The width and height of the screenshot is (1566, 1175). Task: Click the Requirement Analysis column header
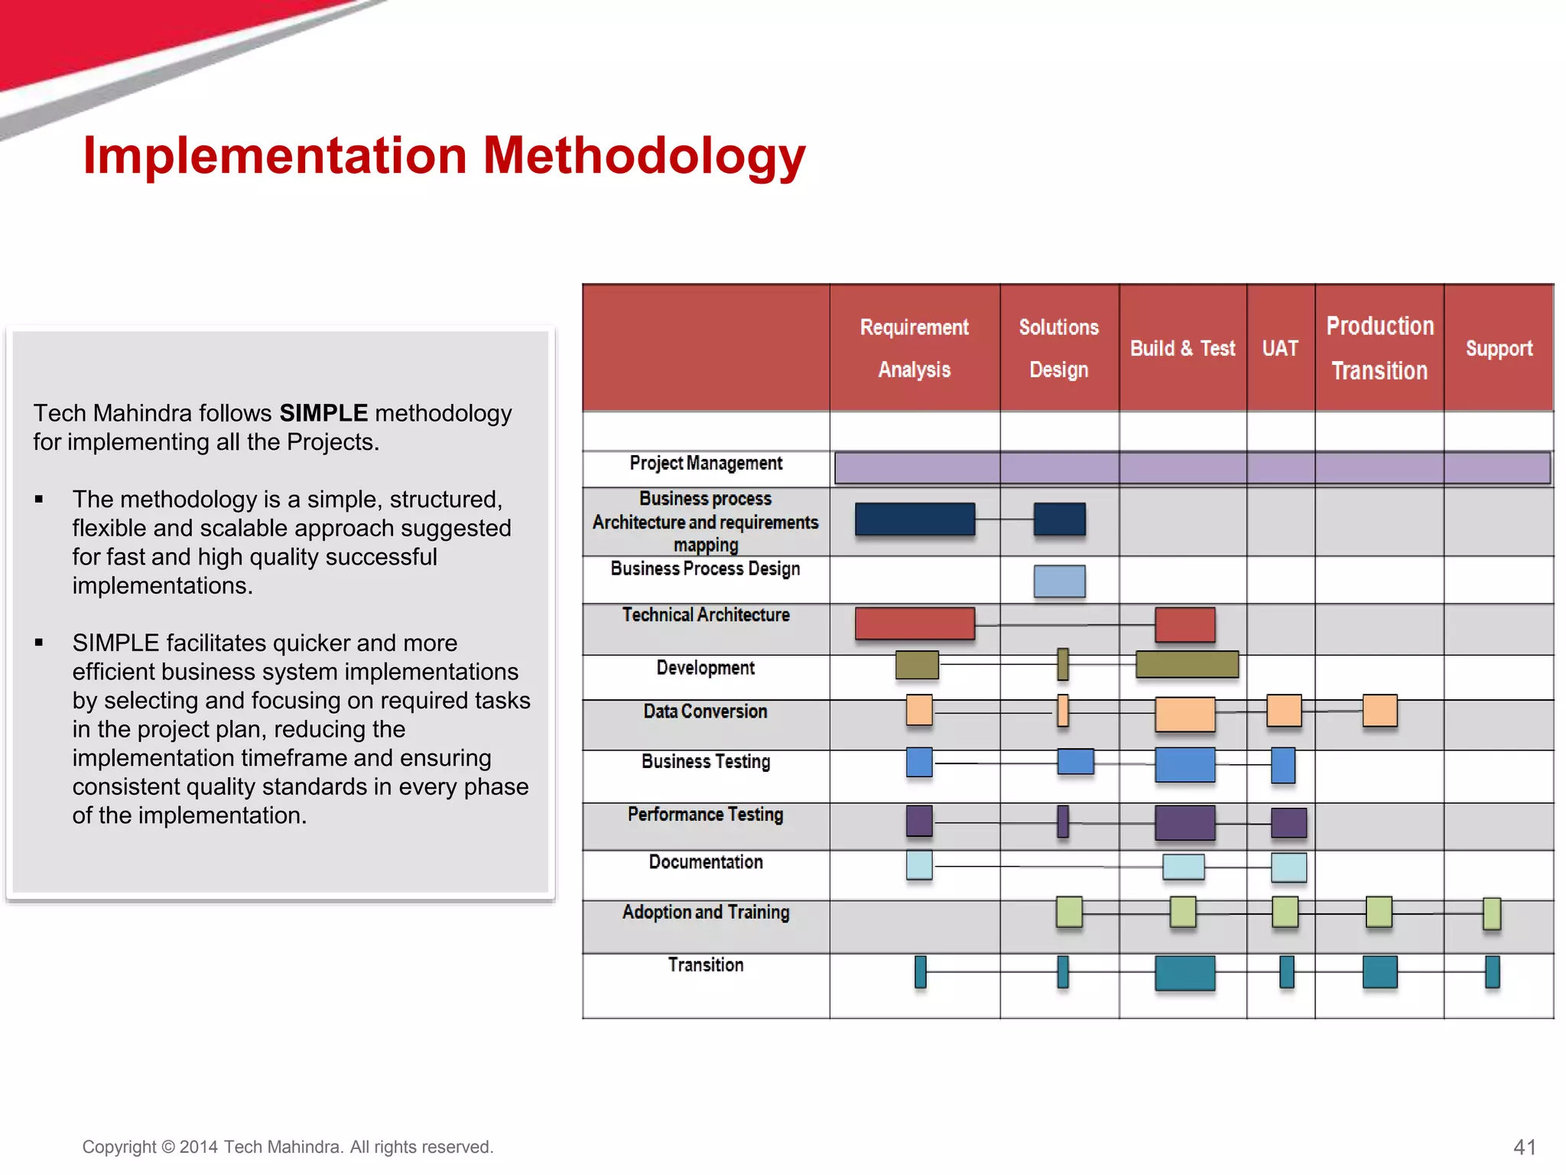(914, 348)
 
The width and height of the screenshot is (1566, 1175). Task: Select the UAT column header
(1280, 348)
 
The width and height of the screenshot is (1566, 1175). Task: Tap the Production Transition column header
(1379, 348)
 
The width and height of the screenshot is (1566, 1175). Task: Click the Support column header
(1499, 348)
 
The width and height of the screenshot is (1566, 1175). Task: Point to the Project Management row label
(705, 464)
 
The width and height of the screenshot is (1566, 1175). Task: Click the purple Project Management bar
(1192, 467)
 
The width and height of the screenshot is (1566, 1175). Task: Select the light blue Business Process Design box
(1059, 581)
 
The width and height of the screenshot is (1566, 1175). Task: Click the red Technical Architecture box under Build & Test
(1184, 624)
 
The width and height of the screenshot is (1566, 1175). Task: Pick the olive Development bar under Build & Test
(1187, 664)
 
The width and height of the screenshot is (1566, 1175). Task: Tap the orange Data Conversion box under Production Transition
(1379, 711)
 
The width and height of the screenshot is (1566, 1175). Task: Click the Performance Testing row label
(705, 814)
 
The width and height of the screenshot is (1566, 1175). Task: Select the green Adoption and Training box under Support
(1491, 913)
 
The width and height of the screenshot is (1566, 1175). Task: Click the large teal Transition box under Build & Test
(1184, 973)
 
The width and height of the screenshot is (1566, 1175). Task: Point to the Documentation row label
(705, 862)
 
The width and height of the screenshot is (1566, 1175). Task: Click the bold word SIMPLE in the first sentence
(323, 413)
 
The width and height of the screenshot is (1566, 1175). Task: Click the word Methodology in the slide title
(644, 156)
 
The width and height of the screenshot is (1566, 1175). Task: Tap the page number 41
(1524, 1147)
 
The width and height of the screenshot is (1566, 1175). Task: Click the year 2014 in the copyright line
(199, 1147)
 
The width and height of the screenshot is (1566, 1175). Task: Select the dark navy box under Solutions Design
(1059, 519)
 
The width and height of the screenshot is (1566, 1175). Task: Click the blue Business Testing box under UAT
(1282, 765)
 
